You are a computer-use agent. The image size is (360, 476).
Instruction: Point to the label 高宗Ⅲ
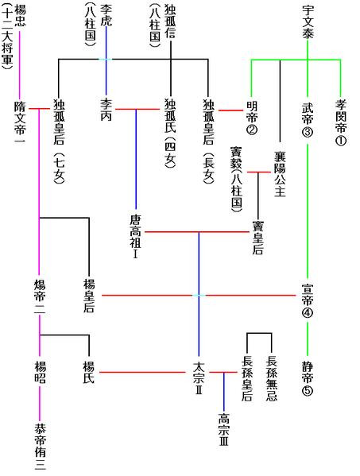(223, 430)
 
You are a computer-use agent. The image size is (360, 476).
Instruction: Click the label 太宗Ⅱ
(199, 377)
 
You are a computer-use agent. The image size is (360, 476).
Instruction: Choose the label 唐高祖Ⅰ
(135, 233)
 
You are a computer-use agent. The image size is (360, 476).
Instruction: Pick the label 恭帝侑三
(39, 446)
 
